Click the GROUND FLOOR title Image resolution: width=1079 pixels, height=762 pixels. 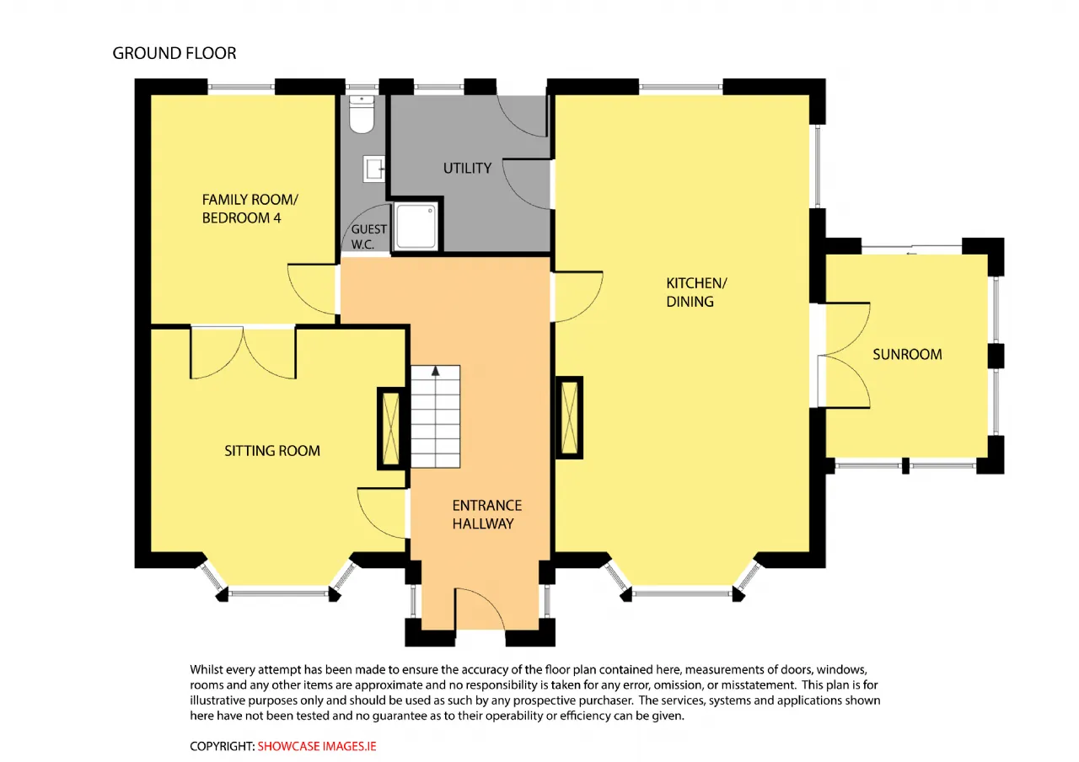click(x=174, y=53)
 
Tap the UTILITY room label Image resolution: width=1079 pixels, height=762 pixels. click(x=467, y=168)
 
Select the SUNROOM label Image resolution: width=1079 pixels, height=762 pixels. click(x=907, y=355)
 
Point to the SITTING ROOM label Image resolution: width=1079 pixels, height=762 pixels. click(x=272, y=451)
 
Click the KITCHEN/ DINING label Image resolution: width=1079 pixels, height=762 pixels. click(x=696, y=292)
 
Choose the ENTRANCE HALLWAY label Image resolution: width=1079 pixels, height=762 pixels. click(x=486, y=514)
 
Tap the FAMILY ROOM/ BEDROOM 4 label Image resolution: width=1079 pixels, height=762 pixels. click(x=250, y=208)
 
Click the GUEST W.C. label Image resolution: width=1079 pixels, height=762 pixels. click(x=368, y=237)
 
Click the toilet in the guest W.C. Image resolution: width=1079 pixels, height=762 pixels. click(x=362, y=114)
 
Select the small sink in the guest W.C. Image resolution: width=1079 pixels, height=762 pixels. click(x=373, y=169)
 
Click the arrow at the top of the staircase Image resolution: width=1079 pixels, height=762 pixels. click(x=436, y=371)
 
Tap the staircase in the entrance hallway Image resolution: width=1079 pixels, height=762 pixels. click(x=436, y=416)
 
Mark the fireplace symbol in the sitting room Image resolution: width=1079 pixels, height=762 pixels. click(x=390, y=428)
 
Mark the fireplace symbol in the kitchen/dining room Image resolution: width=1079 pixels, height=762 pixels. click(x=569, y=417)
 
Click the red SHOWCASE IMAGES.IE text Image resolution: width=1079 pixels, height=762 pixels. click(x=316, y=746)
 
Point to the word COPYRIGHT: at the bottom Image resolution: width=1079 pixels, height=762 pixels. click(x=222, y=746)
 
